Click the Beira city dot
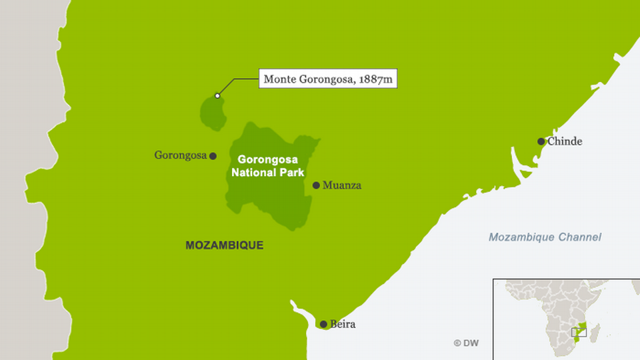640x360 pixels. (323, 325)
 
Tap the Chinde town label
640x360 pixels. (565, 141)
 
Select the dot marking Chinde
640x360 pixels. (541, 141)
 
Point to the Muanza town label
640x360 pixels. (341, 185)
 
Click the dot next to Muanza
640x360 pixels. (316, 185)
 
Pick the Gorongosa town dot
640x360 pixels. (213, 156)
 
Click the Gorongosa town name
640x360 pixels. (181, 155)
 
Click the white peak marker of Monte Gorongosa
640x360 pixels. (217, 96)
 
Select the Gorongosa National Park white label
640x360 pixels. (269, 166)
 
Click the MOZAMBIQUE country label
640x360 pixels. (224, 245)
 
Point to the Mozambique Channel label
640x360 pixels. (545, 237)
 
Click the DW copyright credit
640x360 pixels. (466, 343)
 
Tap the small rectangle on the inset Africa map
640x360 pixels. (579, 332)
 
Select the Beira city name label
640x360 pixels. (343, 325)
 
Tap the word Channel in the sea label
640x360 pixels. (580, 237)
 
